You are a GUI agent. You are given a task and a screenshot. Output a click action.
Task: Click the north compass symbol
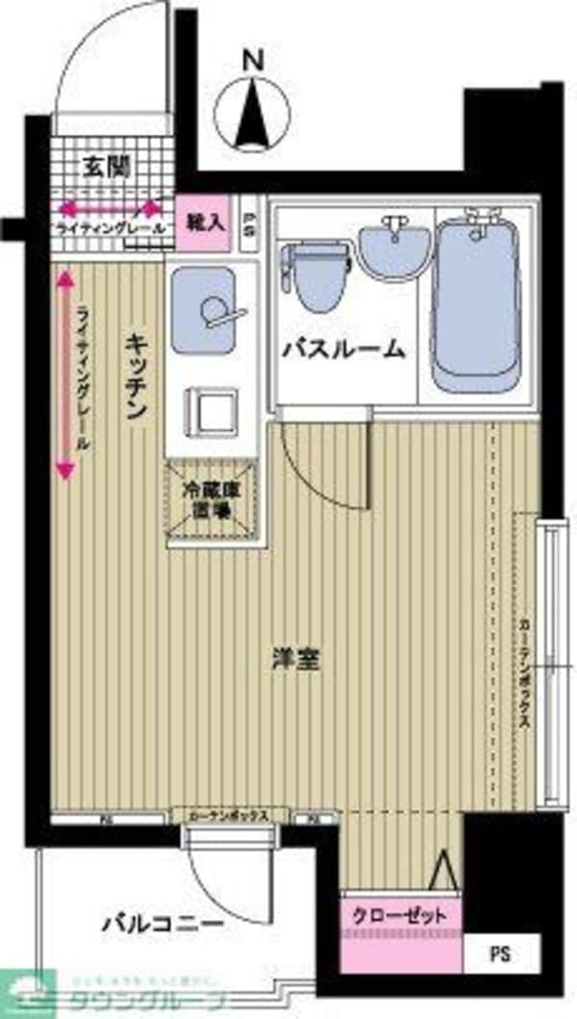pos(253,114)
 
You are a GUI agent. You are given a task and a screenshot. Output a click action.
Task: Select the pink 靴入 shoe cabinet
pos(204,223)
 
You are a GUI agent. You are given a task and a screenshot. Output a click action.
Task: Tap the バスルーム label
pos(343,349)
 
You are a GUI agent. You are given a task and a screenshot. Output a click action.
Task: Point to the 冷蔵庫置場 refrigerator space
pos(214,497)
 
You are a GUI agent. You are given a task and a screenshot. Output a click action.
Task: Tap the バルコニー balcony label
pos(163,927)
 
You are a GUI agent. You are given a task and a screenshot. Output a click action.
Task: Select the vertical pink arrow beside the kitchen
pos(64,375)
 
